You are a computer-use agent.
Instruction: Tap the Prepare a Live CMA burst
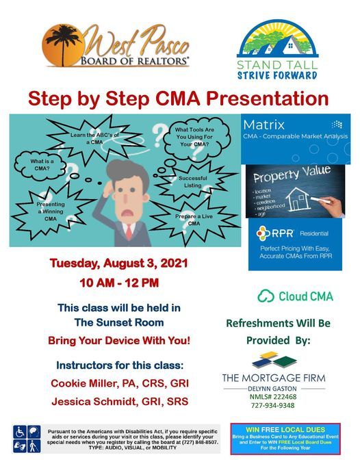(194, 220)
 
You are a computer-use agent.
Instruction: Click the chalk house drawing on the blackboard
(297, 200)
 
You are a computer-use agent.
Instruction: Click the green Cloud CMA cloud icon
(266, 296)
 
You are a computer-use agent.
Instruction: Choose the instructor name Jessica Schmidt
(84, 400)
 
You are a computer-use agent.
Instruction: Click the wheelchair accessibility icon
(20, 432)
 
